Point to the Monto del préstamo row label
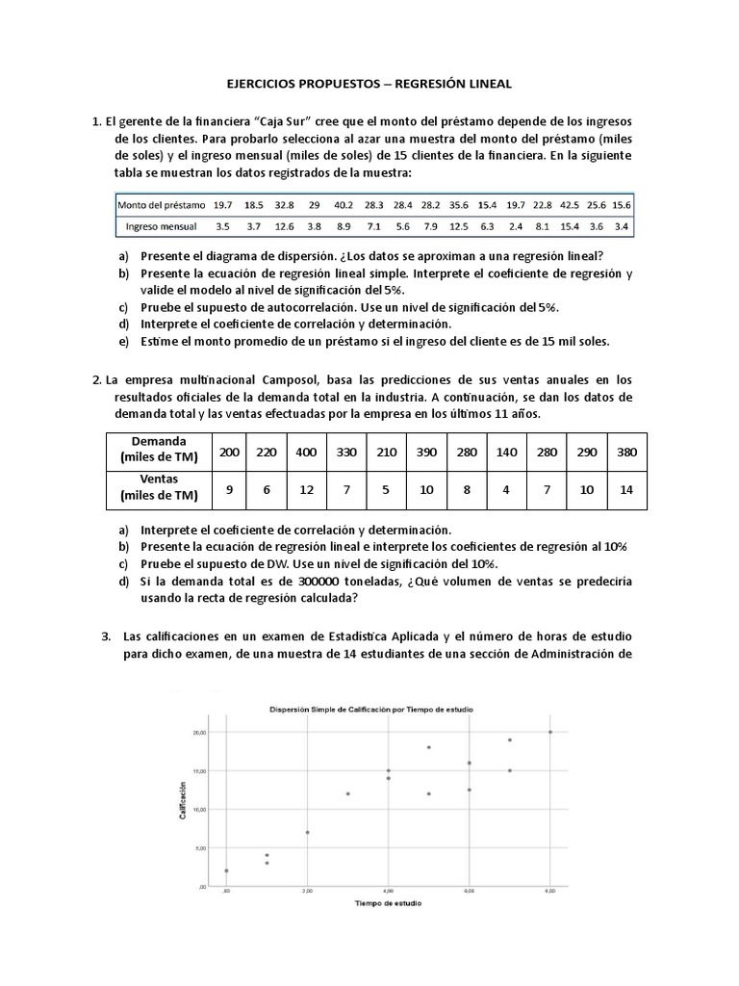click(x=162, y=205)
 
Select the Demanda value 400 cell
click(x=306, y=453)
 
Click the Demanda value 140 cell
click(x=503, y=453)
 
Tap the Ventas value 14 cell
click(x=627, y=488)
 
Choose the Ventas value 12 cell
click(x=306, y=488)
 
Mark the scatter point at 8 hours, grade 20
click(x=550, y=732)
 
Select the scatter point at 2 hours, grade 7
click(x=307, y=832)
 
